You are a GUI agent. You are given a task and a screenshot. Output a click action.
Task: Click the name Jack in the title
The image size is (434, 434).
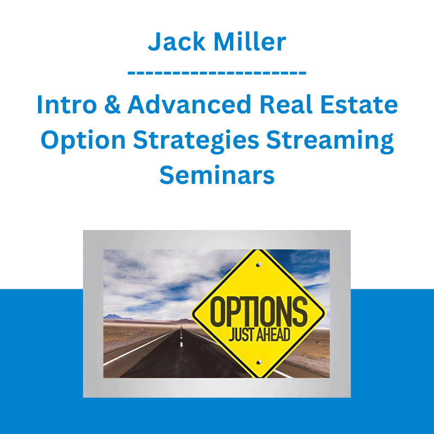coord(177,42)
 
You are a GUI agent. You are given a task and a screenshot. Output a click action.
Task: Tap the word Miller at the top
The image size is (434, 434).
coord(250,42)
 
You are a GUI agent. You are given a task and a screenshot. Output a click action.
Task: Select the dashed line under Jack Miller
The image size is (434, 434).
coord(217,73)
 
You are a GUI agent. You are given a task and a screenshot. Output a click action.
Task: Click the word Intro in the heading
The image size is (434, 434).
coord(67,104)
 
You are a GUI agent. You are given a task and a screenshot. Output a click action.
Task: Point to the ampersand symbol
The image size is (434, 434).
coord(112,104)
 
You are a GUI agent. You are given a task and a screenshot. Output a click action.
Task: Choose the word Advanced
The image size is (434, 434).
coord(189,104)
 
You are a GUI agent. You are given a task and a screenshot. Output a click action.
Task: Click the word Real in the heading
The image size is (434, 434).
coord(286,104)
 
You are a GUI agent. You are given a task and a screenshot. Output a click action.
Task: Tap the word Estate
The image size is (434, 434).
coord(359,104)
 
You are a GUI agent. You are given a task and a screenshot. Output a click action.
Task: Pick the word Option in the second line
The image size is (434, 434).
coord(84,141)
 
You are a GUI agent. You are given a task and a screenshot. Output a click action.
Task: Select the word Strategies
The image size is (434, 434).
coord(196,141)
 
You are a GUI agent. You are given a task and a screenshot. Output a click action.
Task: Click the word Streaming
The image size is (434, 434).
coord(330,141)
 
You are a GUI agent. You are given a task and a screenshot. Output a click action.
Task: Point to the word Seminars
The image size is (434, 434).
coord(217,175)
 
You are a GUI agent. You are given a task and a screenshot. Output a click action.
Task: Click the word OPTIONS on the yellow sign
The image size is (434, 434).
coord(259,311)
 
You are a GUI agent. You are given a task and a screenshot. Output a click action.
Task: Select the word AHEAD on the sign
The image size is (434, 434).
coord(273,334)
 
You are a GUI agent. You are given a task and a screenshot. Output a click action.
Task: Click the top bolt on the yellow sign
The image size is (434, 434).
coord(259,265)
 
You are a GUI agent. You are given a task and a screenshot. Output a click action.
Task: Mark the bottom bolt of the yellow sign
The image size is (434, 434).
coord(259,362)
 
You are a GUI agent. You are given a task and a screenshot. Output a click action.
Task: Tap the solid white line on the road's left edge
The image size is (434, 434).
coord(140,348)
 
